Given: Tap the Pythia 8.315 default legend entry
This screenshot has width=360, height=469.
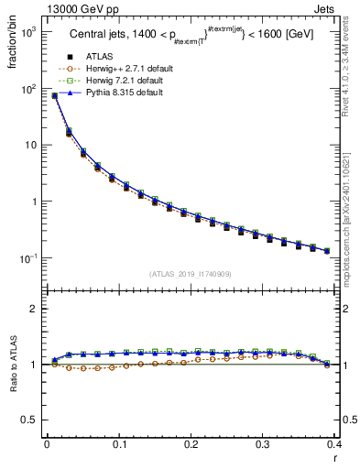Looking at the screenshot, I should (x=117, y=93).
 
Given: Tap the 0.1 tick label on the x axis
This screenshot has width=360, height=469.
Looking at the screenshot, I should (x=119, y=444).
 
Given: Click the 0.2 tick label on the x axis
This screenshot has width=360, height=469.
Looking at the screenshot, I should (x=191, y=444).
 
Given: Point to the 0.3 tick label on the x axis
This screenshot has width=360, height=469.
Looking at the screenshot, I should (x=264, y=444).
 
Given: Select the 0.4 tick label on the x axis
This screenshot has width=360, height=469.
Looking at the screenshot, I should (x=335, y=444).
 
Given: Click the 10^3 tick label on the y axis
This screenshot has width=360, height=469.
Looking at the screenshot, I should (x=28, y=32).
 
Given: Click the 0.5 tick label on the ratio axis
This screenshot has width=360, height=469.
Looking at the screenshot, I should (x=31, y=420).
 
